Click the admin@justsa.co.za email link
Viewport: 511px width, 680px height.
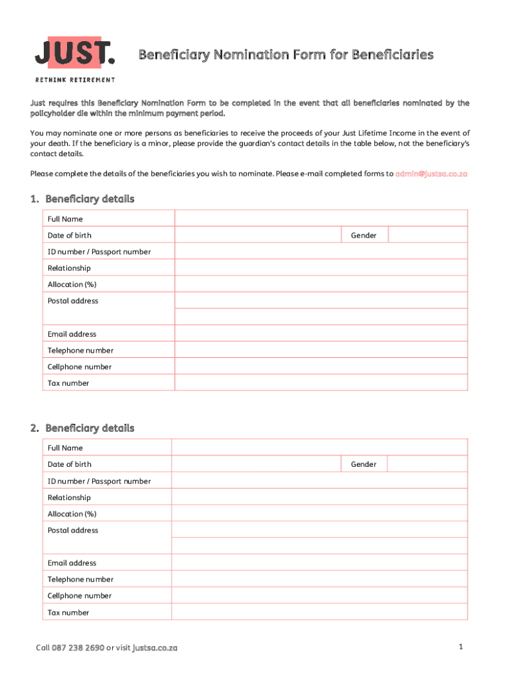tap(431, 174)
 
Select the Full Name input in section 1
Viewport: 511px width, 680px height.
tap(321, 218)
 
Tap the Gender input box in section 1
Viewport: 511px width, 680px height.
tap(427, 235)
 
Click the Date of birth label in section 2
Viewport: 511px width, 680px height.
tap(70, 464)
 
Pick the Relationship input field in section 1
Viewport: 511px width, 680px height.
tap(321, 268)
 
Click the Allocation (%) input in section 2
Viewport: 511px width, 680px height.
tap(319, 514)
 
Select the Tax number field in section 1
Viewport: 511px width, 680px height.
tap(321, 383)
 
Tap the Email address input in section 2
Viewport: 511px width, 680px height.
tap(319, 563)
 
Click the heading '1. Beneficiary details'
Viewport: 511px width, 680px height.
tap(82, 199)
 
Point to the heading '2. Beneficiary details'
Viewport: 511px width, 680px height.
tap(82, 428)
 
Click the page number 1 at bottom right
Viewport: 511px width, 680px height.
tap(459, 647)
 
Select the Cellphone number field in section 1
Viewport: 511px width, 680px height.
tap(321, 367)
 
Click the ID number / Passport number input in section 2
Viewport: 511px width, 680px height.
tap(319, 481)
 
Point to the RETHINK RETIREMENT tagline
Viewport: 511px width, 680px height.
tap(74, 80)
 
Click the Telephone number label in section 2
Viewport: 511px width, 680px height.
tap(80, 580)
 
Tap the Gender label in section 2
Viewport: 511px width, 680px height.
tap(364, 464)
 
